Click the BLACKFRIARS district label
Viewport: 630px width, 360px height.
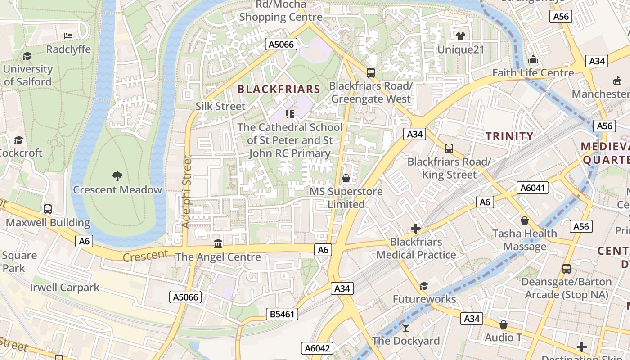pyautogui.click(x=279, y=89)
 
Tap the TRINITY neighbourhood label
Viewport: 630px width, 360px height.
pyautogui.click(x=509, y=136)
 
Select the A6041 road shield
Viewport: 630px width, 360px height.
pyautogui.click(x=533, y=188)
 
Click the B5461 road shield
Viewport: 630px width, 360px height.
pyautogui.click(x=282, y=314)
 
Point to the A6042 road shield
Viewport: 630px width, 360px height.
pyautogui.click(x=317, y=348)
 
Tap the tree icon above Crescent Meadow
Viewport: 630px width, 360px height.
pyautogui.click(x=117, y=176)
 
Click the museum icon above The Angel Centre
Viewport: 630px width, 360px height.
pyautogui.click(x=218, y=243)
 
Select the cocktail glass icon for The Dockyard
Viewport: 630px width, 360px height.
pyautogui.click(x=406, y=327)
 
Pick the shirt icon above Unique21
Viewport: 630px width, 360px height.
pyautogui.click(x=460, y=36)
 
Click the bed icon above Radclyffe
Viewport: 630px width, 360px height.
pyautogui.click(x=68, y=36)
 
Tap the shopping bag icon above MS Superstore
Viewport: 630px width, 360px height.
pyautogui.click(x=346, y=178)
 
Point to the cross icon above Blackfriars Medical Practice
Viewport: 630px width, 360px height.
pyautogui.click(x=416, y=229)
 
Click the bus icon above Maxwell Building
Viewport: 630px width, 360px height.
pyautogui.click(x=48, y=209)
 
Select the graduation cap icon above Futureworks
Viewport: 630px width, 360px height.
pyautogui.click(x=424, y=286)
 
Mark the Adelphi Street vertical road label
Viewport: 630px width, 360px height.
pyautogui.click(x=187, y=192)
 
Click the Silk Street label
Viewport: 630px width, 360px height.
pyautogui.click(x=220, y=106)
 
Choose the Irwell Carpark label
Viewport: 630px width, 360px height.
pyautogui.click(x=65, y=287)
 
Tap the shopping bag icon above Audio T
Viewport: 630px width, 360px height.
pyautogui.click(x=504, y=324)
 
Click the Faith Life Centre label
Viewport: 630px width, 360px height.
pyautogui.click(x=533, y=72)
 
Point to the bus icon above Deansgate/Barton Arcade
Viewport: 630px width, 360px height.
pyautogui.click(x=567, y=269)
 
